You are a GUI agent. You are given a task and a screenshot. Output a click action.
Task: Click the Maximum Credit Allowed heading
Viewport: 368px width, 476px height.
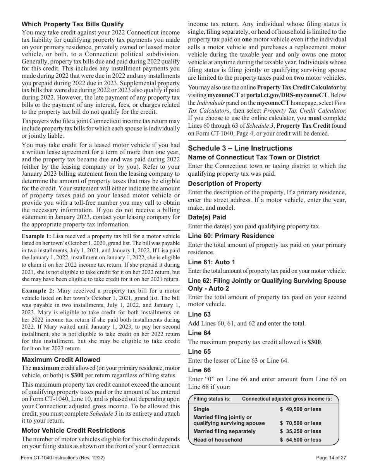(61, 360)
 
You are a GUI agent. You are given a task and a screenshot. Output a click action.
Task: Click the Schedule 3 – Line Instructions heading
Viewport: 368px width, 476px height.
(240, 148)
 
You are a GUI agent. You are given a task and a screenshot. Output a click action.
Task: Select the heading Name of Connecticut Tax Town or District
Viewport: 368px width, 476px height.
(253, 157)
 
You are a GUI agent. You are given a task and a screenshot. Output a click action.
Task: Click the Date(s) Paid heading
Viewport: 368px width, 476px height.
(207, 217)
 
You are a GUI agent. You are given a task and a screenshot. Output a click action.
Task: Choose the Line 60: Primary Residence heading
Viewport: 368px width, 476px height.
(231, 236)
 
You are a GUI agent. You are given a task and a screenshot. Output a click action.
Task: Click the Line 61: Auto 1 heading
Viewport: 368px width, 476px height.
(212, 262)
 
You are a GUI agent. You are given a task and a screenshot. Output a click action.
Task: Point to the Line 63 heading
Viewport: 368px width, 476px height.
(199, 314)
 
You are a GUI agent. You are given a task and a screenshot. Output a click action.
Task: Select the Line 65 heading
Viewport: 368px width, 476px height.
(199, 351)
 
